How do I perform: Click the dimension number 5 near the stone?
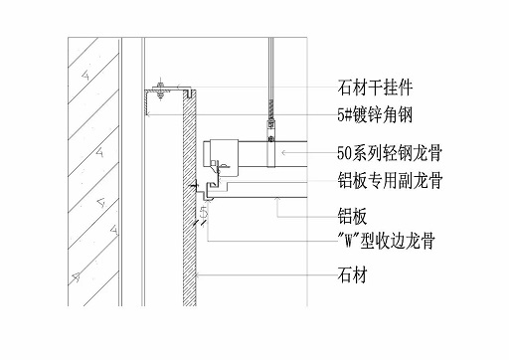(203, 212)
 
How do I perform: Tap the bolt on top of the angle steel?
(156, 84)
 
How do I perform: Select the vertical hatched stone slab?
(187, 199)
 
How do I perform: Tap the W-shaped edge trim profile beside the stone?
(212, 185)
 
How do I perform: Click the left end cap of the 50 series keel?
(212, 155)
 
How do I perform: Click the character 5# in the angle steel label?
(345, 115)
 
